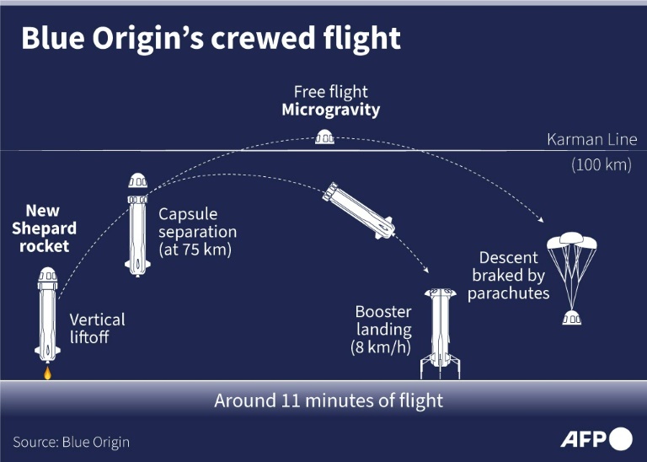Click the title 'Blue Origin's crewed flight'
tap(210, 40)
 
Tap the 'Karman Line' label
tap(591, 140)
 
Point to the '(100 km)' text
tap(601, 165)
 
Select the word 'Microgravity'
tap(330, 110)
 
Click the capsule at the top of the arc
tap(323, 137)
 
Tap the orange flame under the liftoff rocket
tap(47, 371)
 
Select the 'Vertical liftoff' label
tap(97, 329)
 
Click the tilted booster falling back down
tap(361, 210)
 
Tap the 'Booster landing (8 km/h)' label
tap(383, 330)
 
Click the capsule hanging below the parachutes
tap(572, 317)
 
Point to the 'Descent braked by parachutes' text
tap(508, 276)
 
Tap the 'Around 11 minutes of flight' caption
tap(329, 400)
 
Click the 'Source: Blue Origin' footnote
tap(72, 442)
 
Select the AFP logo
tap(596, 439)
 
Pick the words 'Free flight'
tap(330, 91)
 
